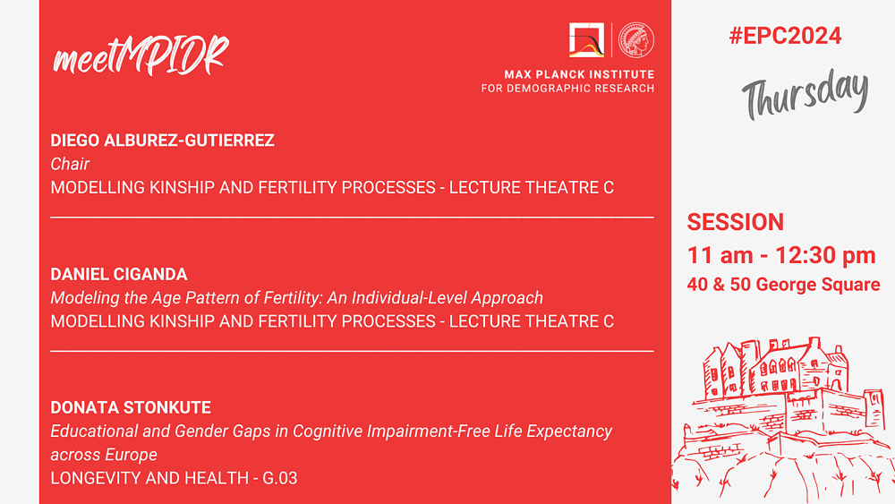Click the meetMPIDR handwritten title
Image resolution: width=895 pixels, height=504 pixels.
pyautogui.click(x=141, y=55)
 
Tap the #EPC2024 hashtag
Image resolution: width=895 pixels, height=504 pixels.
pyautogui.click(x=785, y=36)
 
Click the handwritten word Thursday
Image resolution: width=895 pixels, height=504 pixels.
pyautogui.click(x=805, y=93)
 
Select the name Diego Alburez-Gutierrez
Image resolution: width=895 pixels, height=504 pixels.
pyautogui.click(x=162, y=140)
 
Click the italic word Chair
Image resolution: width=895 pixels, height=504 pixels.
pyautogui.click(x=70, y=164)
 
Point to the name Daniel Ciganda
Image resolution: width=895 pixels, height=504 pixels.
pyautogui.click(x=119, y=274)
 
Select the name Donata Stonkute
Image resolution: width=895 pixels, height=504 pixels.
pyautogui.click(x=131, y=407)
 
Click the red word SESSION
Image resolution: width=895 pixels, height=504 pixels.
pyautogui.click(x=735, y=222)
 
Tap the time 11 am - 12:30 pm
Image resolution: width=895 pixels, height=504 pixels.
pyautogui.click(x=780, y=255)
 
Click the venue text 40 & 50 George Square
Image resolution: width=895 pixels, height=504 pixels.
pyautogui.click(x=783, y=285)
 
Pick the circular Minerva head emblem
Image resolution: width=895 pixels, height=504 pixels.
pyautogui.click(x=636, y=40)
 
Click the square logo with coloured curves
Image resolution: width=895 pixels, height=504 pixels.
pyautogui.click(x=586, y=40)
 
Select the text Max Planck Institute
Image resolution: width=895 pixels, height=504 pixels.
pyautogui.click(x=579, y=74)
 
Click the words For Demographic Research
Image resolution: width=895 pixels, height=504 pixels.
pyautogui.click(x=568, y=89)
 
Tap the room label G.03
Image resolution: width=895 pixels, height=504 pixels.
pyautogui.click(x=279, y=478)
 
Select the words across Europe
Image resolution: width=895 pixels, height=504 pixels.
pyautogui.click(x=104, y=455)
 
